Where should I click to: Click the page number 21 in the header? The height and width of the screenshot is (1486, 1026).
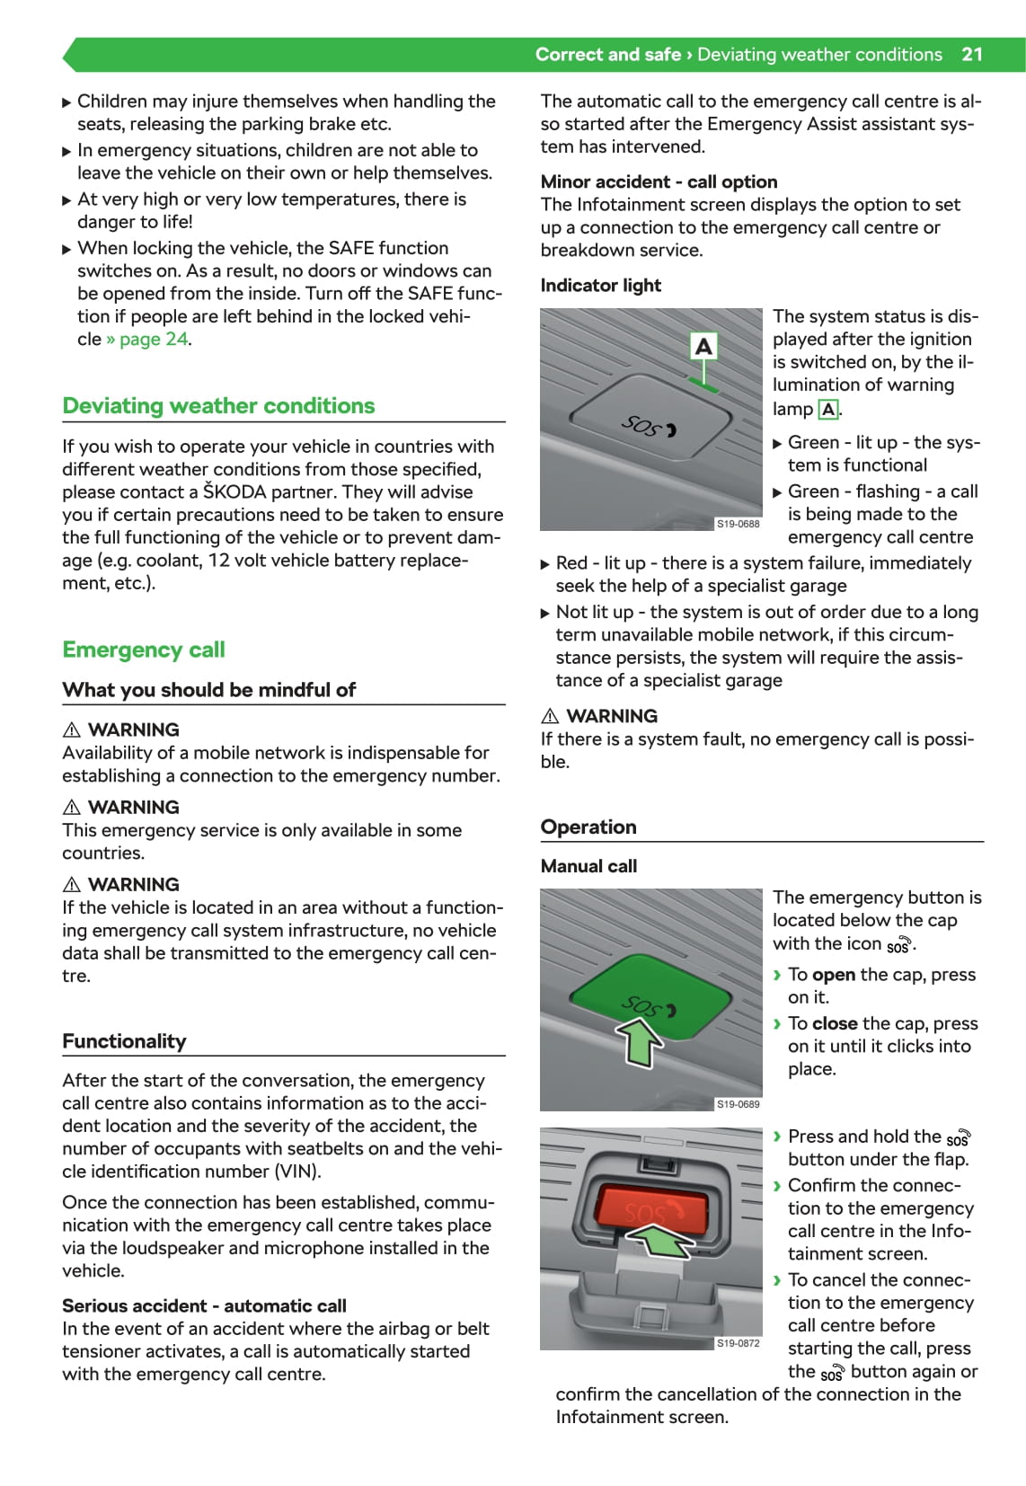point(972,54)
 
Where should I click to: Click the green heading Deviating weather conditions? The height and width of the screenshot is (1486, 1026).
point(218,406)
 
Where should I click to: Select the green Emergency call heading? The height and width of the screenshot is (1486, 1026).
point(144,650)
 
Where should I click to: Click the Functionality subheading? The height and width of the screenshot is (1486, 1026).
point(124,1041)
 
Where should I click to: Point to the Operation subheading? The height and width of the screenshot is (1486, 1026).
point(588,827)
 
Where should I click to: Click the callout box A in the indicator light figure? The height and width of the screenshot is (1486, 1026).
point(703,346)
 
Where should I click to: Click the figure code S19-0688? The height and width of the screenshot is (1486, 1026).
point(738,523)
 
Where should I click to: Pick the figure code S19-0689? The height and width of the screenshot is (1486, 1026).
point(738,1104)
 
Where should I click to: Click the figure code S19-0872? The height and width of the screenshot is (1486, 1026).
point(738,1343)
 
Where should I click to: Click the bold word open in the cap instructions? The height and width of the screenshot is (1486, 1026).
point(833,975)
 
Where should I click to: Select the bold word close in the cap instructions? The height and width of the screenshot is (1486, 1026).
point(835,1023)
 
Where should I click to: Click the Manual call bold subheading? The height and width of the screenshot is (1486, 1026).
point(588,866)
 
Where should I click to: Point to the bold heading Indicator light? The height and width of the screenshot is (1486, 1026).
point(600,286)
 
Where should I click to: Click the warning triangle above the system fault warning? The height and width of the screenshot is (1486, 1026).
point(550,716)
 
